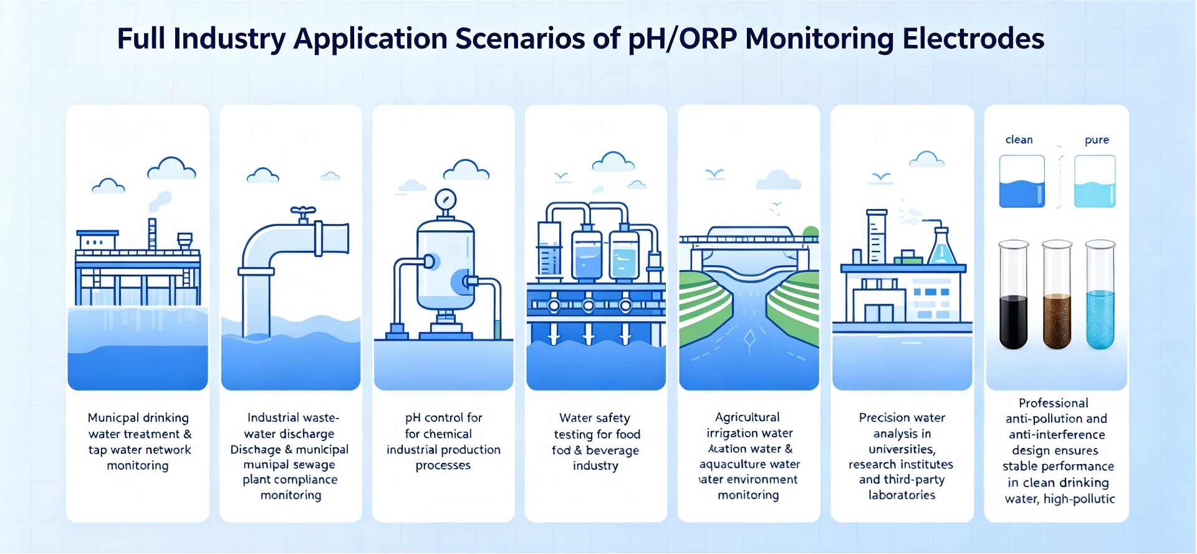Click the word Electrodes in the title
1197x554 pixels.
pyautogui.click(x=973, y=39)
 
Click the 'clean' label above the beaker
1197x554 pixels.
pyautogui.click(x=1019, y=140)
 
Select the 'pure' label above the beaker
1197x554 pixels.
pyautogui.click(x=1097, y=140)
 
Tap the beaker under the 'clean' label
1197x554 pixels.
pyautogui.click(x=1022, y=182)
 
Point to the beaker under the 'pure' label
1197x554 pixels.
pyautogui.click(x=1095, y=182)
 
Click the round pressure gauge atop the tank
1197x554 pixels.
pyautogui.click(x=446, y=200)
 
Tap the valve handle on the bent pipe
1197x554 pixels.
pyautogui.click(x=303, y=211)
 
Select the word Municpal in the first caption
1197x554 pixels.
pyautogui.click(x=113, y=417)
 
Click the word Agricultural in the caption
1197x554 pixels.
pyautogui.click(x=747, y=417)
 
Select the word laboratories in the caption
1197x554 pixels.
pyautogui.click(x=901, y=495)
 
